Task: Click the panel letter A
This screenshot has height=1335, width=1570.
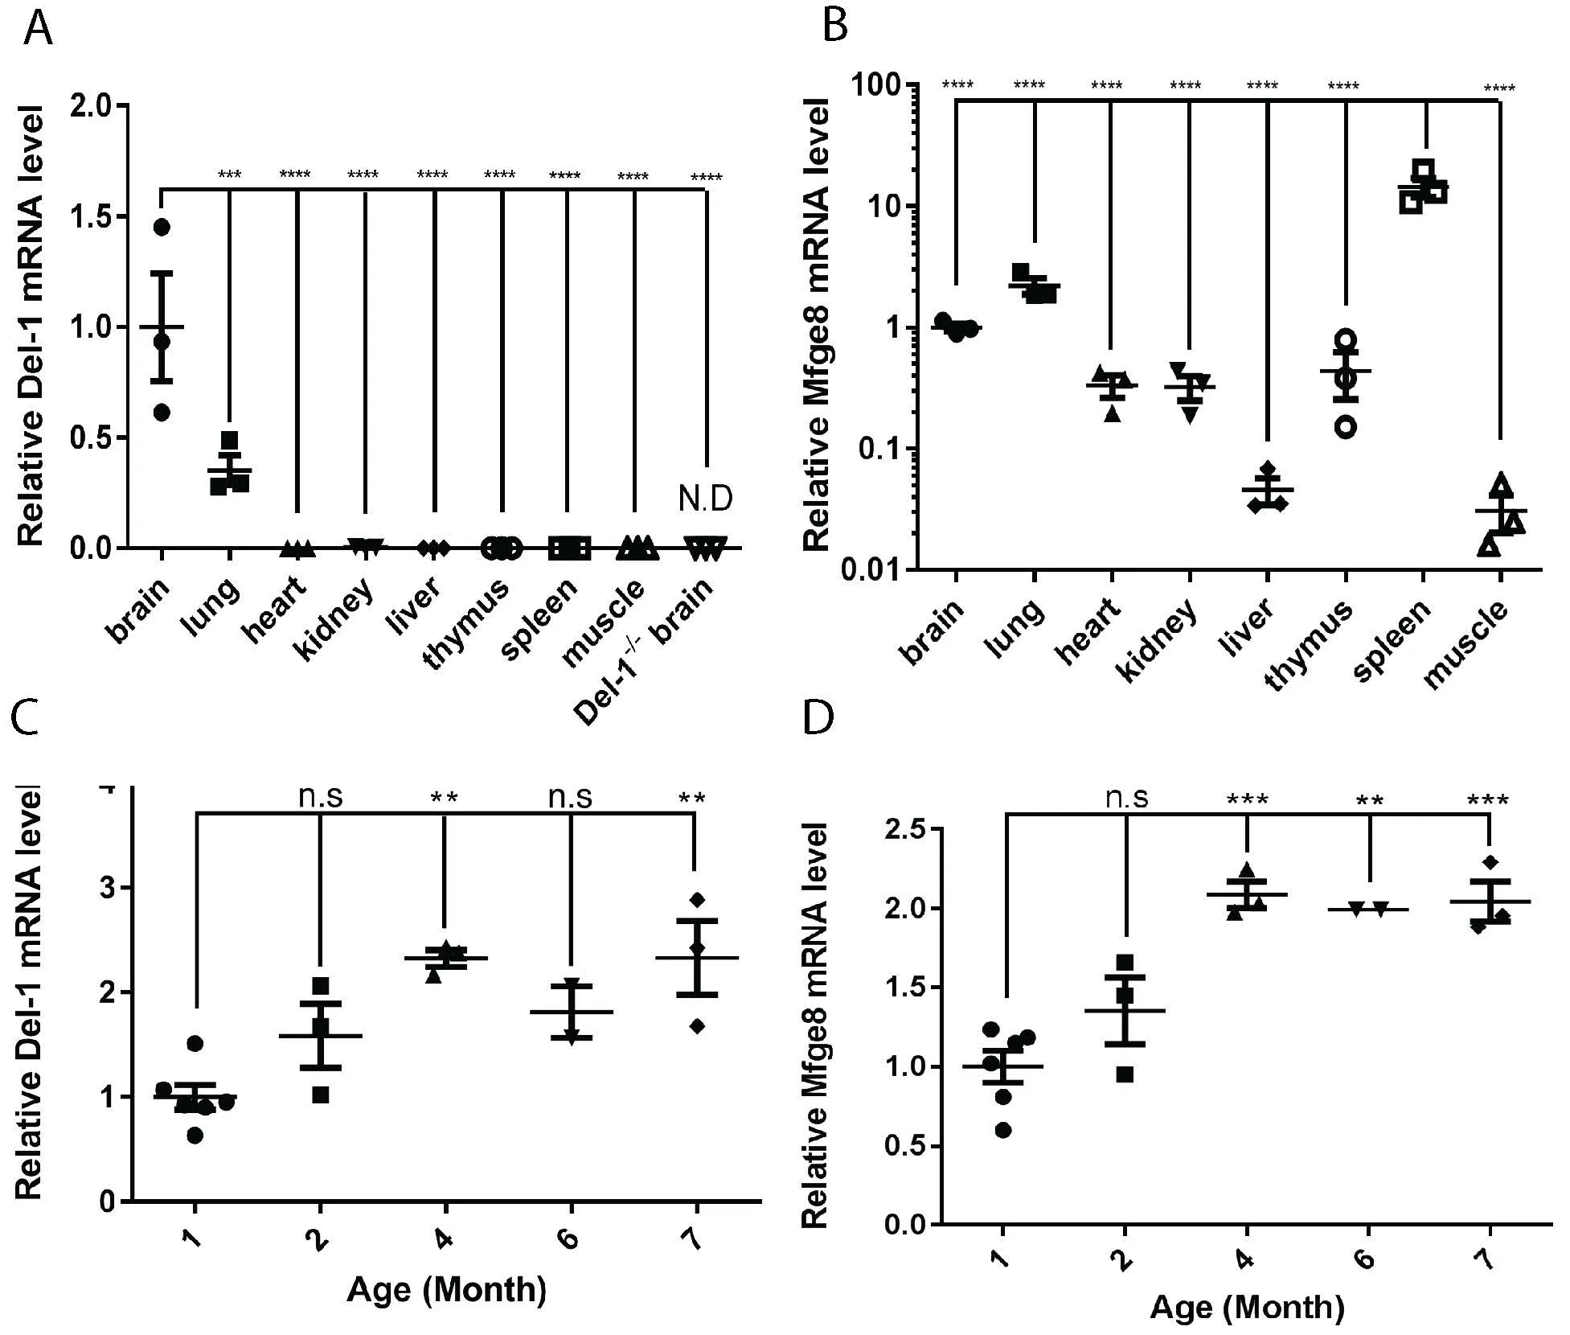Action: click(x=38, y=31)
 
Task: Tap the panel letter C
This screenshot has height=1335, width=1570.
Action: click(x=27, y=717)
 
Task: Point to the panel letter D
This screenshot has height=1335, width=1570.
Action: click(x=819, y=717)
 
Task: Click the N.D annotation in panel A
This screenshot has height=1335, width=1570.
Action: click(x=705, y=499)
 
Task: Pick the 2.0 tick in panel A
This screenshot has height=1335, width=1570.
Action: click(x=91, y=106)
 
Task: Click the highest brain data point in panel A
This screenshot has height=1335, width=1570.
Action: click(x=162, y=228)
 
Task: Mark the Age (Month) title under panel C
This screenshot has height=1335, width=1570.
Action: click(x=446, y=1290)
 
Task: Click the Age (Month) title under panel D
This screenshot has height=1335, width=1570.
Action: click(x=1247, y=1308)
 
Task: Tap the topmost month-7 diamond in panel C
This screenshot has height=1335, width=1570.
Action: click(x=696, y=899)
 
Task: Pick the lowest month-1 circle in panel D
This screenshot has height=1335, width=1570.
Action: click(x=1002, y=1131)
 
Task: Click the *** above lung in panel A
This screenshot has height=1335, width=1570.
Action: click(x=229, y=175)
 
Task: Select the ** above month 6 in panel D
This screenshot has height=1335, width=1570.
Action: click(x=1368, y=801)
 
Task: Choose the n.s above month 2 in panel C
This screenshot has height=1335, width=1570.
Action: click(x=320, y=798)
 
